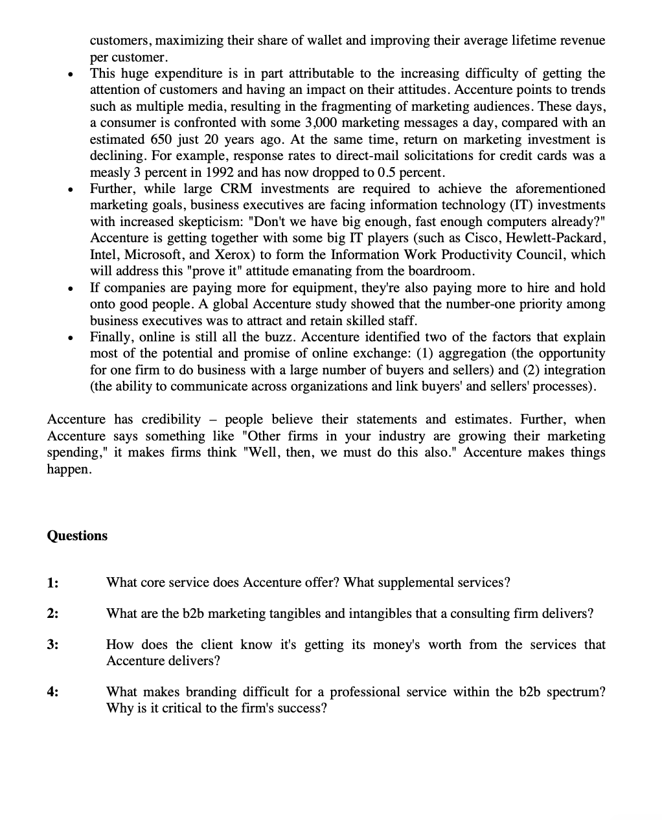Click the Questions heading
point(77,536)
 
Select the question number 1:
point(52,582)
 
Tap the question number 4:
point(52,692)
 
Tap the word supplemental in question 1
point(382,582)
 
